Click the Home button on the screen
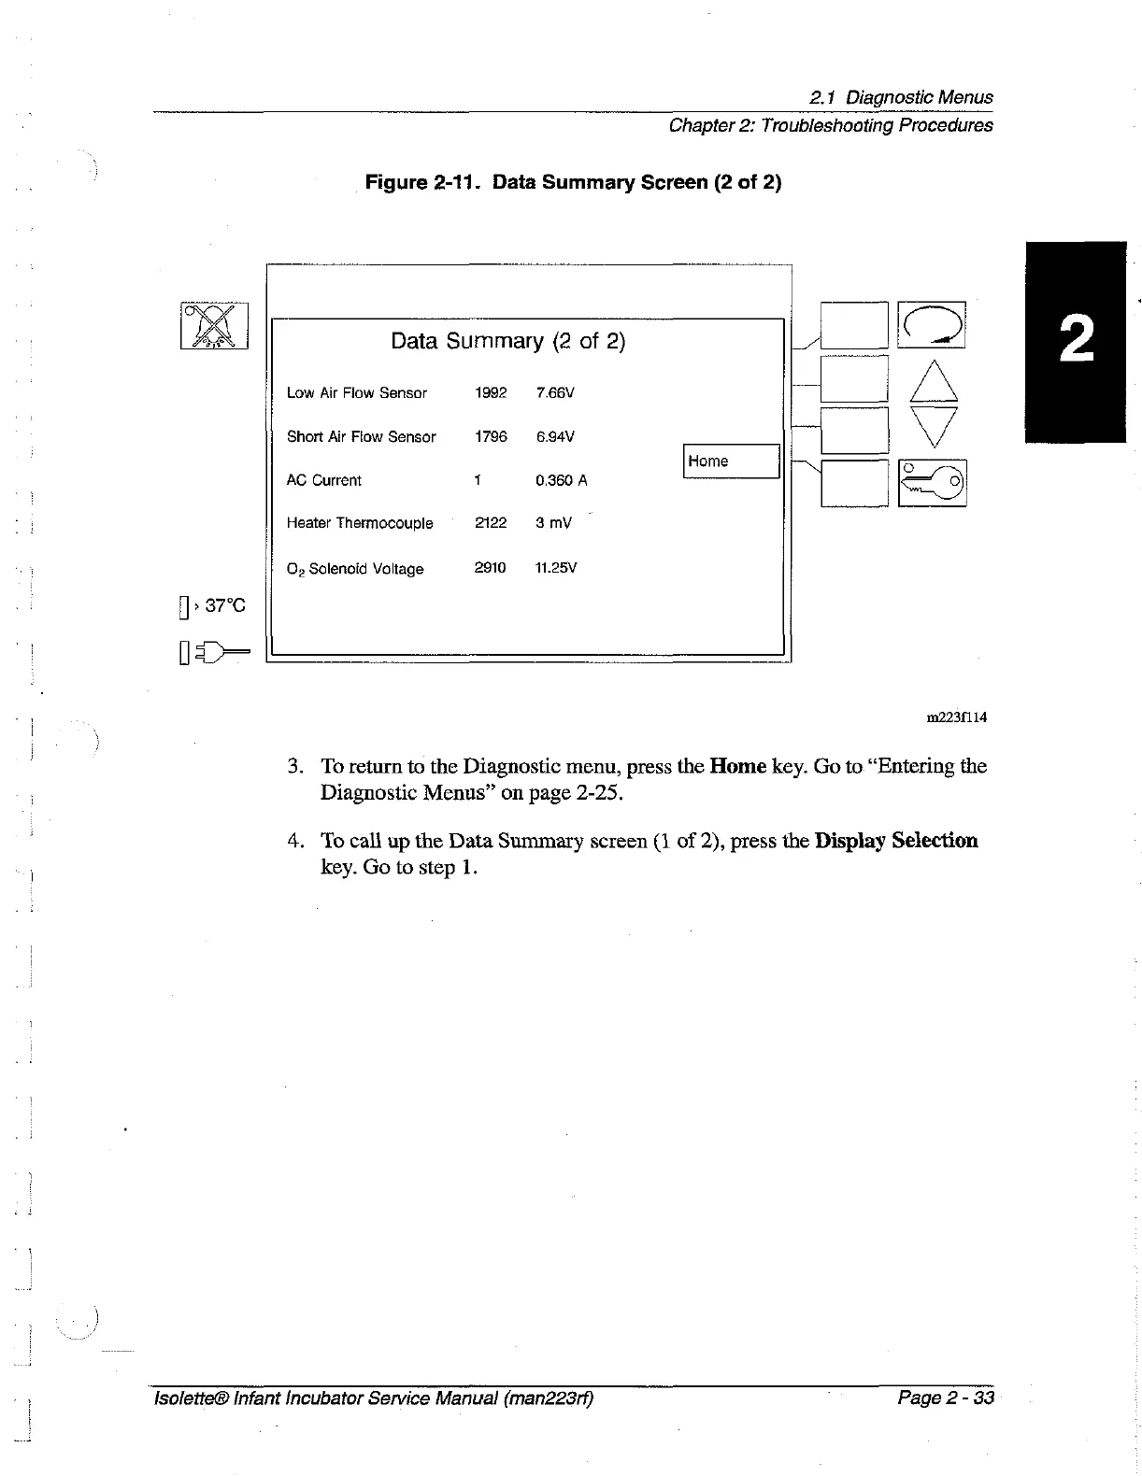pyautogui.click(x=731, y=461)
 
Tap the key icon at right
pyautogui.click(x=932, y=482)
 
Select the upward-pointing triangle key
pyautogui.click(x=934, y=381)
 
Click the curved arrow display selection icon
pyautogui.click(x=931, y=325)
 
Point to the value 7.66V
pyautogui.click(x=555, y=393)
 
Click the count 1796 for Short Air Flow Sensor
pyautogui.click(x=491, y=437)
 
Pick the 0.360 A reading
pyautogui.click(x=561, y=481)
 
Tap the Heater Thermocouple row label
pyautogui.click(x=360, y=524)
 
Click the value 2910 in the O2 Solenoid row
pyautogui.click(x=490, y=568)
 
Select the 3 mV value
pyautogui.click(x=553, y=524)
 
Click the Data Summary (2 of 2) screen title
pyautogui.click(x=507, y=342)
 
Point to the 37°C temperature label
pyautogui.click(x=224, y=606)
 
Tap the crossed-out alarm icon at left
pyautogui.click(x=214, y=326)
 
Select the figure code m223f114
pyautogui.click(x=956, y=717)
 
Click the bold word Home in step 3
pyautogui.click(x=738, y=767)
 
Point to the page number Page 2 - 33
pyautogui.click(x=945, y=1398)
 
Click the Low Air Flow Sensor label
pyautogui.click(x=356, y=393)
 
